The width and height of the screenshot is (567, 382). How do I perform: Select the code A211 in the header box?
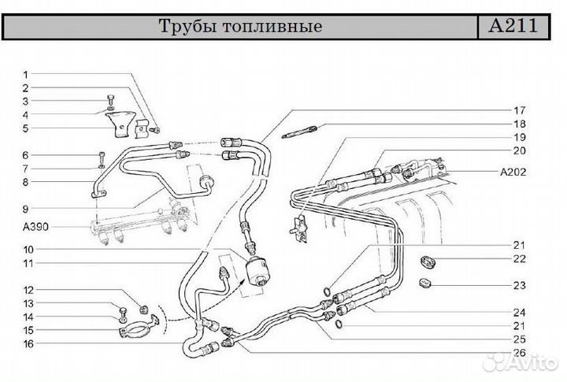pos(513,25)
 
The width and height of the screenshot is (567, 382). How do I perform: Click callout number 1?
pos(25,74)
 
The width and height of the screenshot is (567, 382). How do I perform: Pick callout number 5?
pos(25,128)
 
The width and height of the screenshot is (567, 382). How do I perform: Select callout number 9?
pos(25,209)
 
